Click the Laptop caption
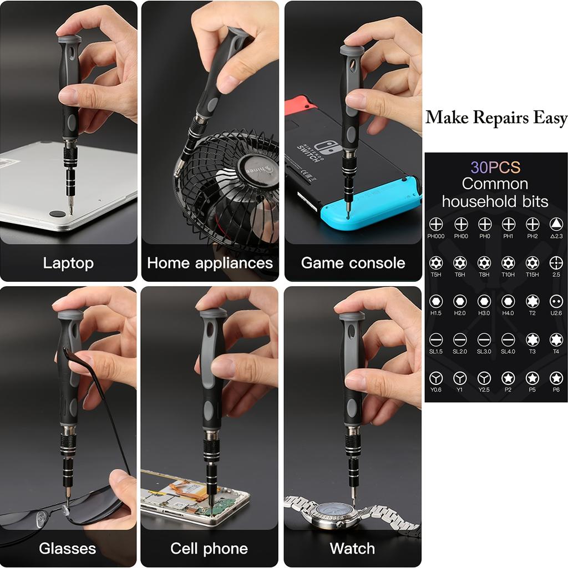68,263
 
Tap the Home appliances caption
210,263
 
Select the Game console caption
353,263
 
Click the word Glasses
67,549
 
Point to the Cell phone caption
209,549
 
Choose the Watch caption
352,549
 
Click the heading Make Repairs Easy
496,118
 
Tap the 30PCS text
495,167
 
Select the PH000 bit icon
436,224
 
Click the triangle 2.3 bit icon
556,224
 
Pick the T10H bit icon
508,262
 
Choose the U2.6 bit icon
556,301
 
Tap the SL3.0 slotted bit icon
484,339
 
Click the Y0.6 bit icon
436,378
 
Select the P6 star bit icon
556,378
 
